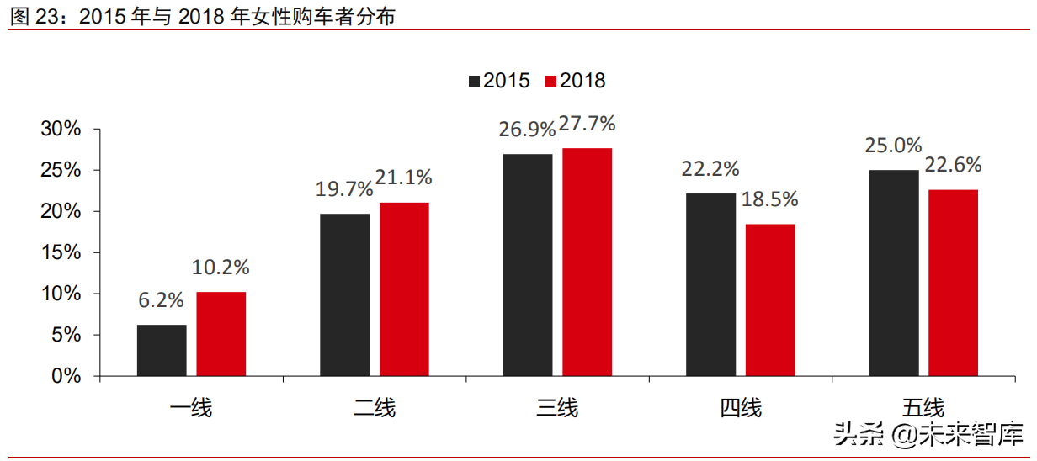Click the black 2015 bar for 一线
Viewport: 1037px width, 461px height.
(162, 350)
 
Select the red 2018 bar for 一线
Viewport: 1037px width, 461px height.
(221, 334)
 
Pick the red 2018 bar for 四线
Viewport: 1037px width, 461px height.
(770, 299)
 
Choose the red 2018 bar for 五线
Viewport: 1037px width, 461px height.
(953, 283)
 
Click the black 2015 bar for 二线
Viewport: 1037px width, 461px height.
(344, 294)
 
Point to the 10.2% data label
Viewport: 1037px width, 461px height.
(221, 268)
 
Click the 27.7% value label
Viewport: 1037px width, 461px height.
(587, 124)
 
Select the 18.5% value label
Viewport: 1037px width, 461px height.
(770, 199)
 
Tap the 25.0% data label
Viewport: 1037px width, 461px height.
(893, 145)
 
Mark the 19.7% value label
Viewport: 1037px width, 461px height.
(344, 188)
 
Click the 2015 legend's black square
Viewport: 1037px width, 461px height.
(475, 81)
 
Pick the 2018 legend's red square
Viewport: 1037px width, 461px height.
(551, 81)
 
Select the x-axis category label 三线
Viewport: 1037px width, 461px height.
(557, 409)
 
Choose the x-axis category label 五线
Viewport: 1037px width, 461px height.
(923, 409)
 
